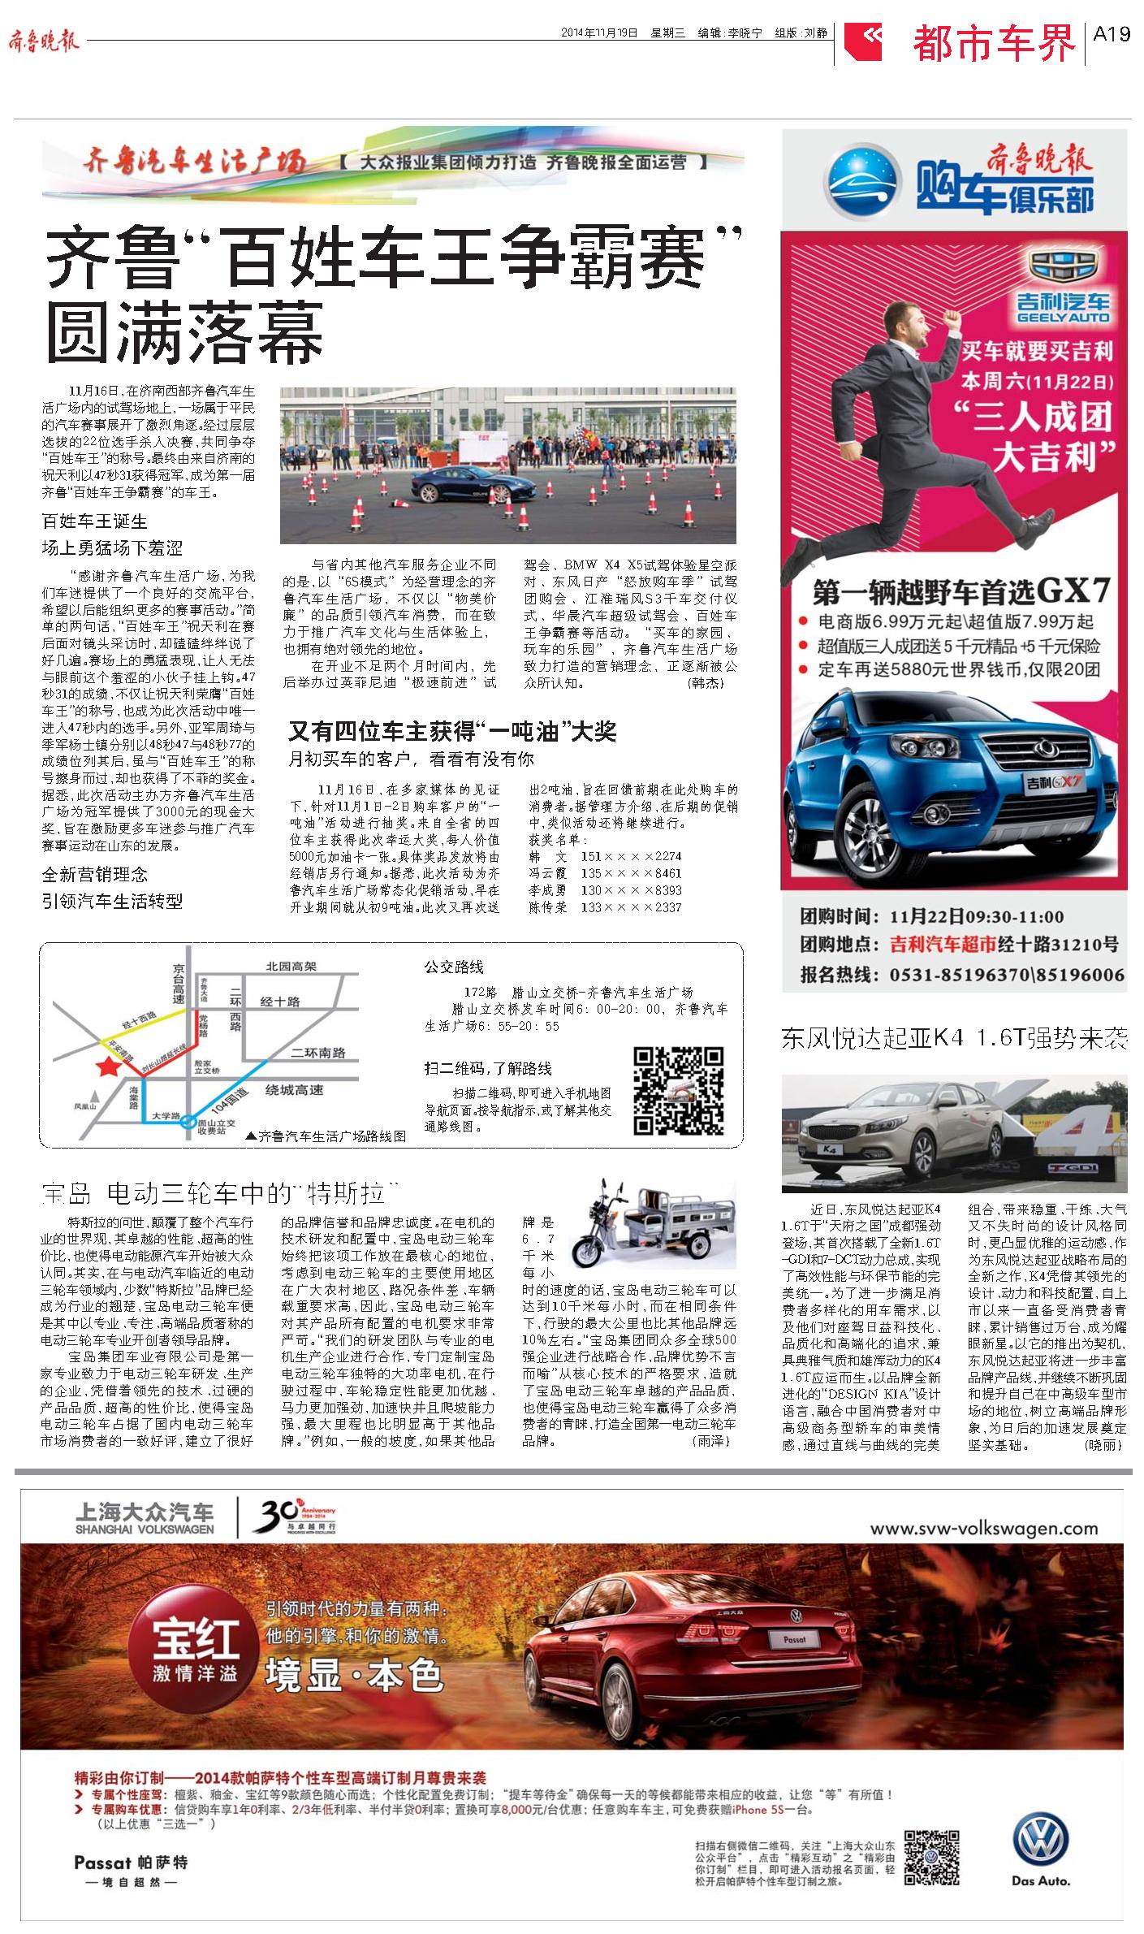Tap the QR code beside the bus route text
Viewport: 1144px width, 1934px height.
(678, 1090)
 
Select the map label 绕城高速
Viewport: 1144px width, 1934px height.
(294, 1090)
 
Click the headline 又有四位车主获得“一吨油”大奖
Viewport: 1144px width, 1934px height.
(452, 732)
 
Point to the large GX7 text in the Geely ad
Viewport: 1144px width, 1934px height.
(1064, 591)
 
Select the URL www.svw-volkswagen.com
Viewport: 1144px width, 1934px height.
(983, 1528)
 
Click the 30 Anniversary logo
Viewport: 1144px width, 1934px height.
(296, 1516)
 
